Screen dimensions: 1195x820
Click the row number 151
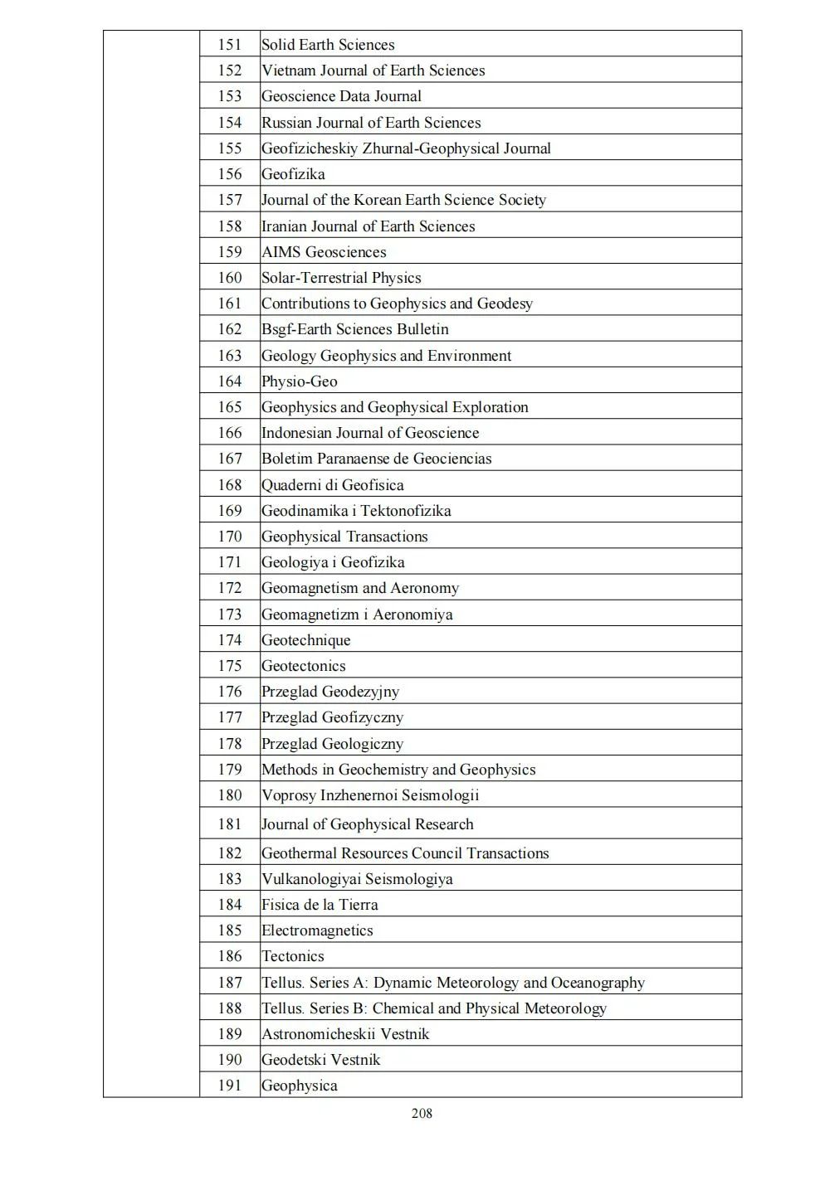click(x=230, y=45)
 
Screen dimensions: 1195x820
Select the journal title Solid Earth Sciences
click(x=328, y=45)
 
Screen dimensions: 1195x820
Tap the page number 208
click(x=422, y=1113)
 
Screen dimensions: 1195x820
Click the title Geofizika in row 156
click(x=293, y=174)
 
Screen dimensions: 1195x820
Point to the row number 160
click(x=230, y=278)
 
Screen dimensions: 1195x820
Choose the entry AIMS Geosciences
click(x=324, y=252)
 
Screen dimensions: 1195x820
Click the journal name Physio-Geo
click(x=300, y=381)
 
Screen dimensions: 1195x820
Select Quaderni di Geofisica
click(x=333, y=485)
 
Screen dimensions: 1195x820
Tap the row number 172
click(x=230, y=588)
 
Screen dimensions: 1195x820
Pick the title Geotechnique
click(x=306, y=640)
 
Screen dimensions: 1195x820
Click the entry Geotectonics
click(x=304, y=666)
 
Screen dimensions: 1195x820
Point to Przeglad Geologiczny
click(x=333, y=744)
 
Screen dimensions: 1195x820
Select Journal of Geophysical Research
click(x=368, y=824)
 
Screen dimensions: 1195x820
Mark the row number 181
click(x=230, y=824)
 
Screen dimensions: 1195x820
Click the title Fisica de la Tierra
click(x=320, y=905)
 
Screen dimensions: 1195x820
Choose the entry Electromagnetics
click(x=317, y=930)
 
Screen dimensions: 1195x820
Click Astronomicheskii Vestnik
click(x=345, y=1034)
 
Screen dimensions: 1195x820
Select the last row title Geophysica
click(x=300, y=1086)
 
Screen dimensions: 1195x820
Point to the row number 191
click(x=230, y=1086)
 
